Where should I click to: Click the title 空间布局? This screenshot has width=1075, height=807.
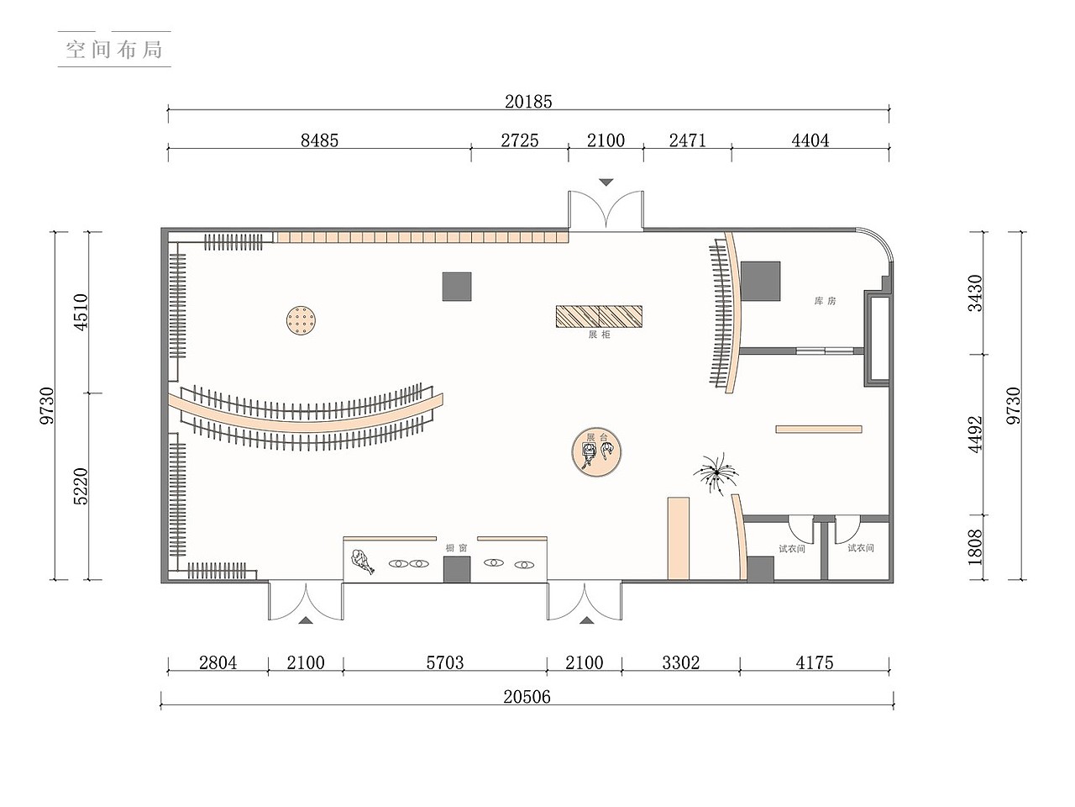(x=114, y=50)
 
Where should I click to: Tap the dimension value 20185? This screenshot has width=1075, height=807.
(x=528, y=102)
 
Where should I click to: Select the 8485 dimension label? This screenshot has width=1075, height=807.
(x=319, y=140)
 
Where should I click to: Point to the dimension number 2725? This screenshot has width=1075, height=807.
(x=520, y=140)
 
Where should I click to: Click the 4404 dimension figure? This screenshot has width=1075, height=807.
(x=810, y=140)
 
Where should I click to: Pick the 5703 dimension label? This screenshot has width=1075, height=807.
(x=444, y=663)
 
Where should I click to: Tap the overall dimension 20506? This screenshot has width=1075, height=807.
(x=527, y=697)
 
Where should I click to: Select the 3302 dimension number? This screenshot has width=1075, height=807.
(x=681, y=663)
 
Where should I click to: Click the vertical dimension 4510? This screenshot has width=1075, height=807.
(x=81, y=312)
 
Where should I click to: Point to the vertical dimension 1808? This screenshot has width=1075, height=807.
(x=975, y=547)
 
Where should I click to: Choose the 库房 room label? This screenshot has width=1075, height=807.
(x=825, y=301)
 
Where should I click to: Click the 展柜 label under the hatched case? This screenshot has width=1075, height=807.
(x=599, y=335)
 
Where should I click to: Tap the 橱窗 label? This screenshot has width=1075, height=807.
(x=456, y=548)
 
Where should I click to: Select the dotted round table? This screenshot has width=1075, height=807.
(x=301, y=320)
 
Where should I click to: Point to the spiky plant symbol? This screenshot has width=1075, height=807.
(x=716, y=472)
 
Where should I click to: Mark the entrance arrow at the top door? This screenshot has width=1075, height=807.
(x=606, y=182)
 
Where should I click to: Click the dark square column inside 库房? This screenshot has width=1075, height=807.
(x=760, y=282)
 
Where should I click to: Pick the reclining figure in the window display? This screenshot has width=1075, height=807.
(x=363, y=562)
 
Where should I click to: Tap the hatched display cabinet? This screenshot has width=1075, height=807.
(x=599, y=317)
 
